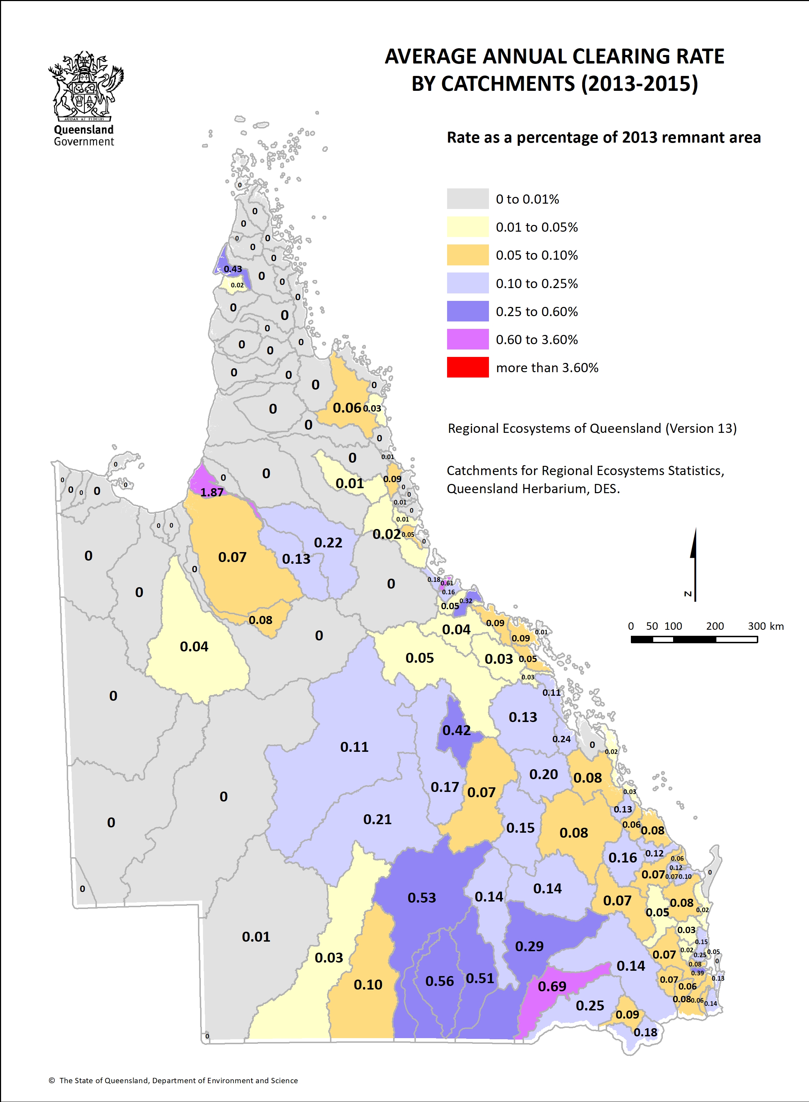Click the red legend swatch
click(468, 367)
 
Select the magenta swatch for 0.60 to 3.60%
click(468, 339)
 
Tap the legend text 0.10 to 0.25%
click(537, 283)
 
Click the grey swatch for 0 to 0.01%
click(468, 199)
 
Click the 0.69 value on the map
click(552, 986)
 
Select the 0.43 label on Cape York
click(233, 269)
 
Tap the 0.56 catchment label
click(439, 981)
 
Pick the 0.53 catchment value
click(422, 897)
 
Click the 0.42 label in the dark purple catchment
click(456, 730)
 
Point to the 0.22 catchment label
click(328, 542)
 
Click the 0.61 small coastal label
click(447, 583)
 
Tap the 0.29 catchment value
click(529, 946)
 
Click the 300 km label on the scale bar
click(765, 626)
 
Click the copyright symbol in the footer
click(51, 1080)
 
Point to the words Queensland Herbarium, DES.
click(533, 489)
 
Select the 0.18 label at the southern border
click(645, 1032)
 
